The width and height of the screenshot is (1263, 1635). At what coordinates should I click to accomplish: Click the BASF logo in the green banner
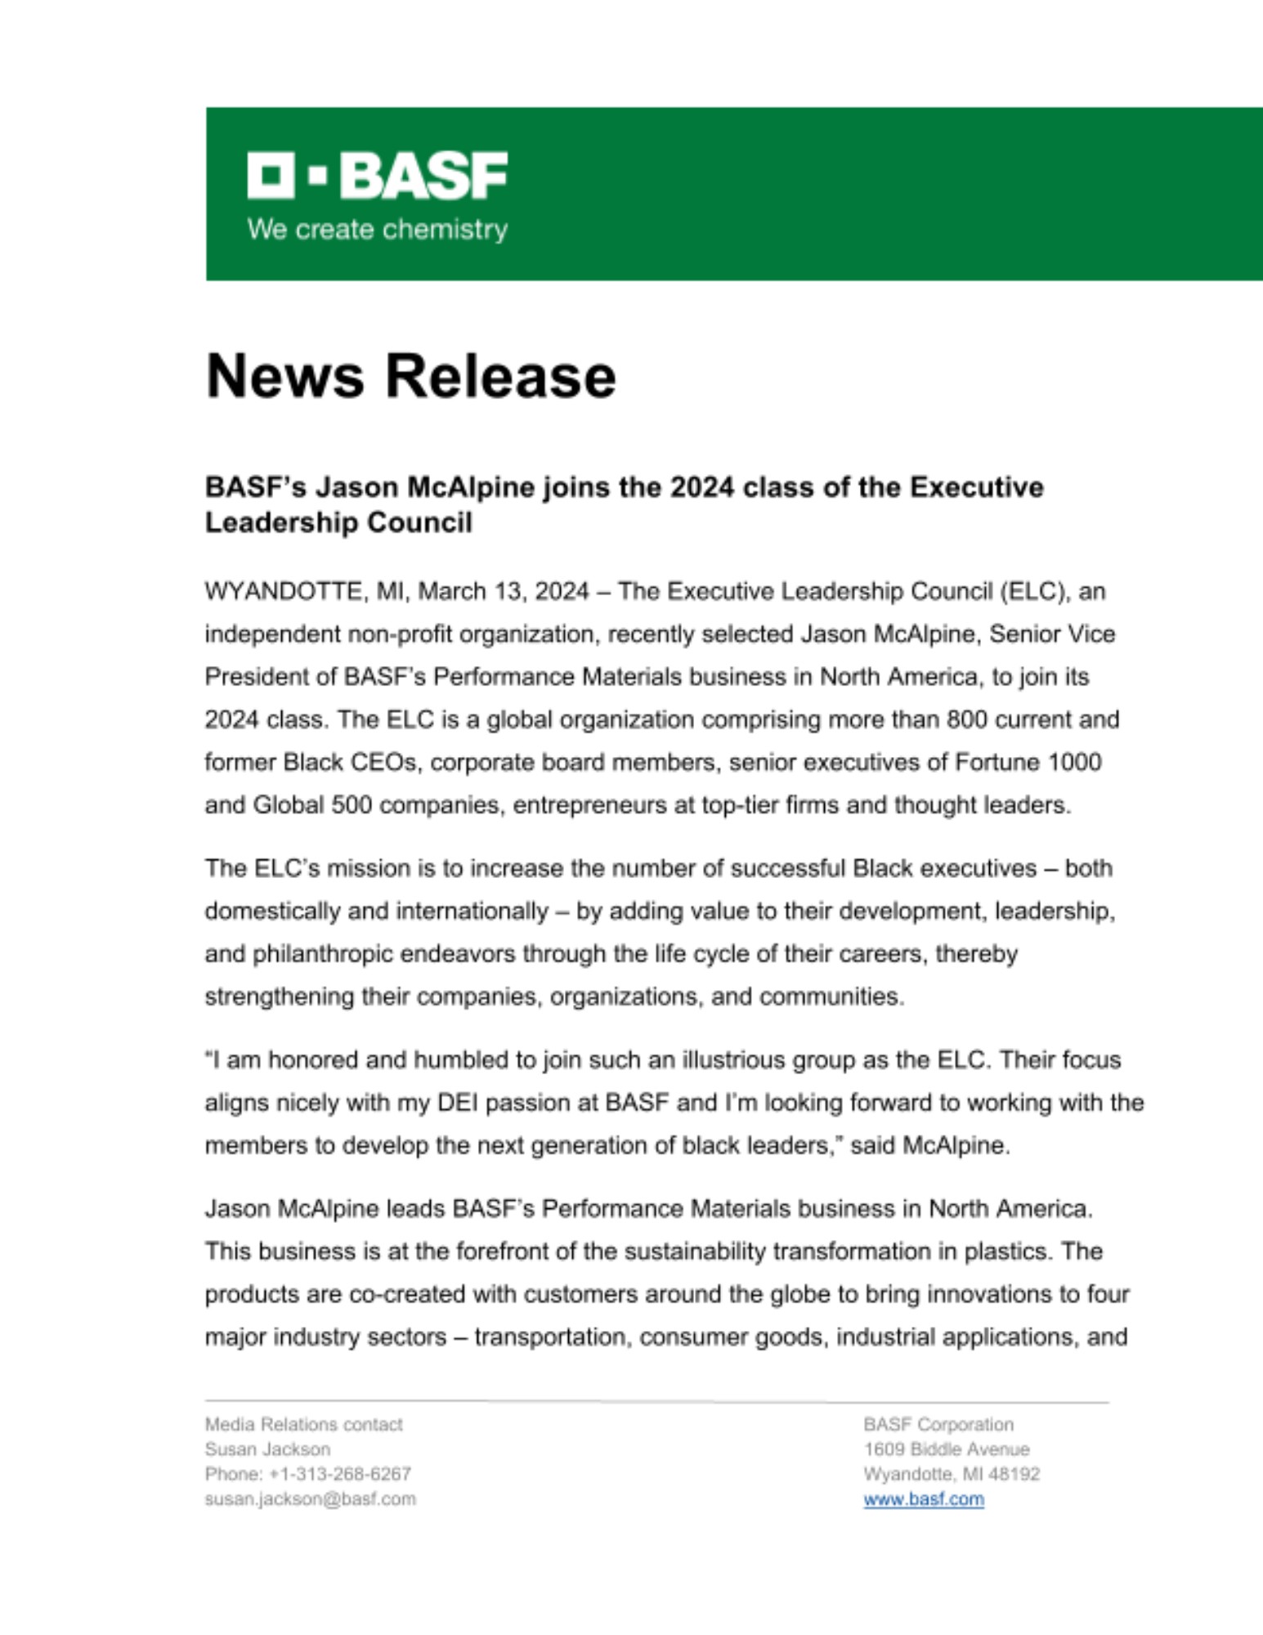377,175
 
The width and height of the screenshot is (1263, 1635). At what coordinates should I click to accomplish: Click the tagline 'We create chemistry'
377,229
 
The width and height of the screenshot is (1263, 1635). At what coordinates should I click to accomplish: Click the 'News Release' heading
410,376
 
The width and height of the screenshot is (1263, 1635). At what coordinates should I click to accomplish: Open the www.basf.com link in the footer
924,1499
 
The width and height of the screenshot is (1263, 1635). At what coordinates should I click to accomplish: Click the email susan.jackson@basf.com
310,1499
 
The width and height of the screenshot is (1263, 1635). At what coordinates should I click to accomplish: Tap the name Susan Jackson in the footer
267,1449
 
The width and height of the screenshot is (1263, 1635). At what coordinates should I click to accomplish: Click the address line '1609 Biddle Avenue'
947,1449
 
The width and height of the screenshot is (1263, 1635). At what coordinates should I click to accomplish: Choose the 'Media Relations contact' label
303,1425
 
